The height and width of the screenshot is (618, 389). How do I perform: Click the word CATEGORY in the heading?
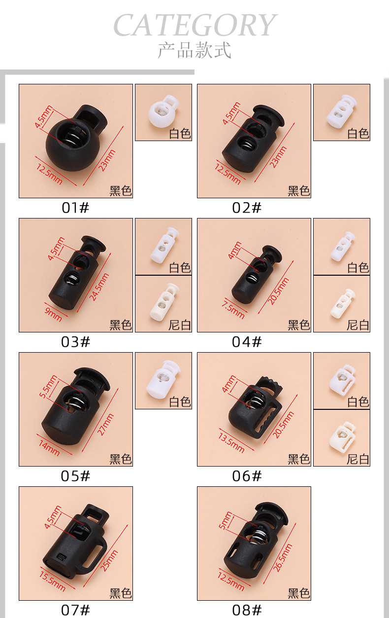click(x=194, y=26)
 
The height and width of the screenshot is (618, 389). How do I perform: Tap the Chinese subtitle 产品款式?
click(x=194, y=51)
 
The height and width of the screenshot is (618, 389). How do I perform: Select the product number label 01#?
click(x=76, y=208)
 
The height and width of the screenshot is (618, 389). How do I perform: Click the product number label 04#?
click(x=247, y=342)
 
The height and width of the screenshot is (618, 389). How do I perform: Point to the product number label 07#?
click(x=76, y=610)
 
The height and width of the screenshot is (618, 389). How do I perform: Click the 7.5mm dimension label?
click(x=233, y=309)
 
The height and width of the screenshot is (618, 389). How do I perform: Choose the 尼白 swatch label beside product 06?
click(x=358, y=459)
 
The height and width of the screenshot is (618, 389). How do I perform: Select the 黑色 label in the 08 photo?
click(x=299, y=593)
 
